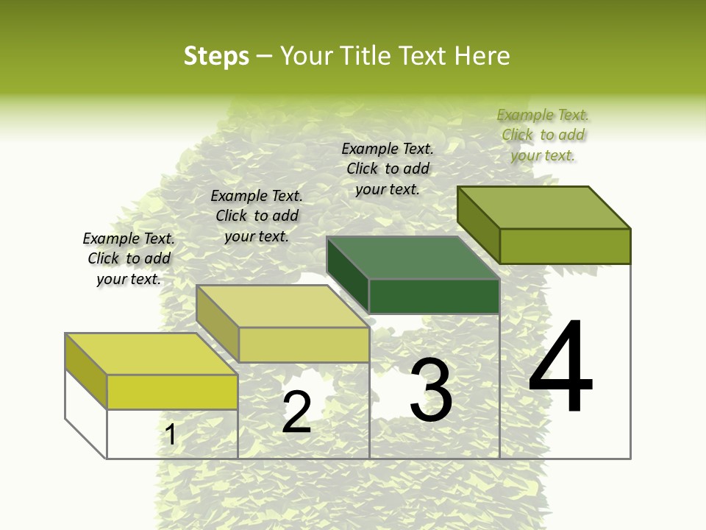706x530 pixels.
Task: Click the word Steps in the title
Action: tap(216, 56)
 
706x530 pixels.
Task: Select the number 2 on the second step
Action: tap(296, 412)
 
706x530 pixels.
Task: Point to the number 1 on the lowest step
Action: tap(171, 435)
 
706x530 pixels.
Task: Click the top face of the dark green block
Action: tap(412, 258)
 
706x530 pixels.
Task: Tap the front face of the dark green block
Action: tap(434, 297)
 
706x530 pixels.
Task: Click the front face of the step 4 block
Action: tap(565, 246)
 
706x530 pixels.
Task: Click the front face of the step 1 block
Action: tap(172, 392)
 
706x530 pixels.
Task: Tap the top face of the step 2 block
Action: tap(282, 306)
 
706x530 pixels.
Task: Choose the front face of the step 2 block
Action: tap(304, 344)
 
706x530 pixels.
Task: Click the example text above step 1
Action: tap(129, 258)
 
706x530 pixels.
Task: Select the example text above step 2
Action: tap(257, 216)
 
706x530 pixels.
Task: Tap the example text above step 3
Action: tap(388, 169)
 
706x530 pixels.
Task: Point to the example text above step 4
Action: tap(543, 135)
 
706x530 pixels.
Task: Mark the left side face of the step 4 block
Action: tap(479, 225)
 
